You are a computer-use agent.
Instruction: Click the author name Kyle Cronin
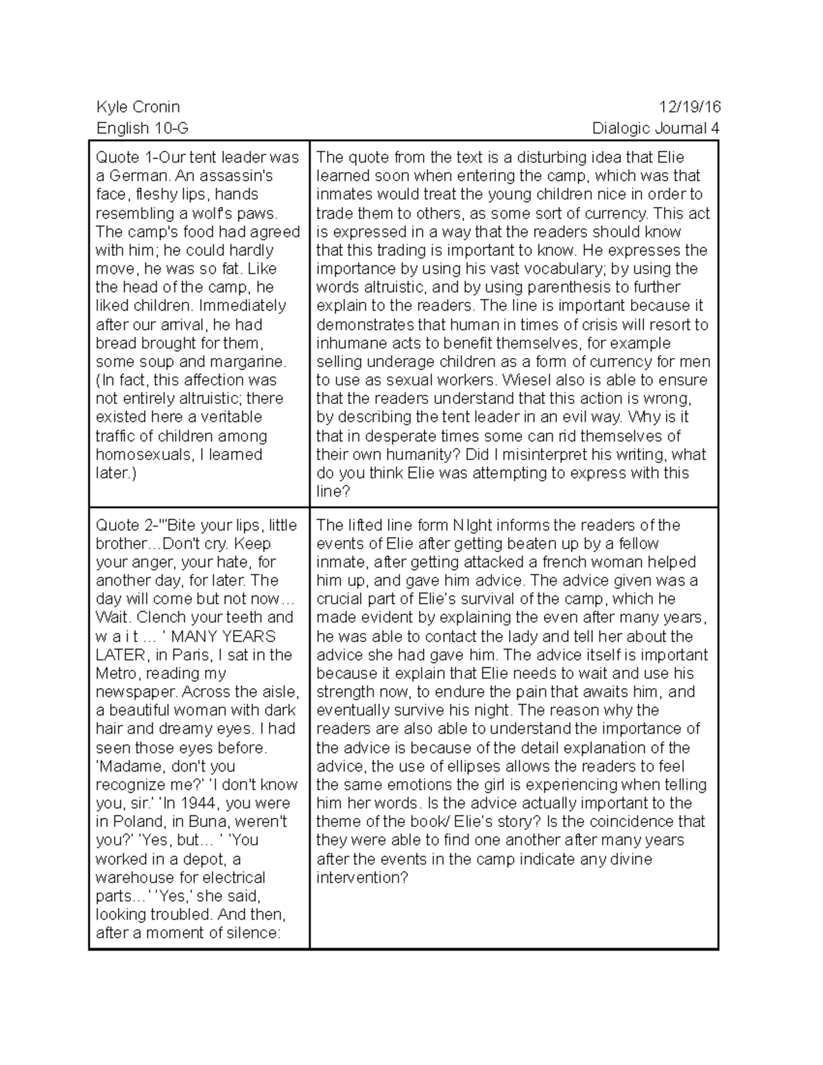click(x=138, y=107)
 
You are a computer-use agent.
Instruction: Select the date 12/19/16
click(x=689, y=107)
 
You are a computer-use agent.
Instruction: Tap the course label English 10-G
click(x=142, y=128)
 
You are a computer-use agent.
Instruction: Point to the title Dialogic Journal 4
click(x=656, y=128)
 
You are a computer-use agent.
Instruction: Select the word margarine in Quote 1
click(x=249, y=361)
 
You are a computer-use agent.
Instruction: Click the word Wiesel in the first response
click(x=525, y=380)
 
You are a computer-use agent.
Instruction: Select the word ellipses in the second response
click(x=505, y=766)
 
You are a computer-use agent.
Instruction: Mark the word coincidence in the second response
click(x=623, y=822)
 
